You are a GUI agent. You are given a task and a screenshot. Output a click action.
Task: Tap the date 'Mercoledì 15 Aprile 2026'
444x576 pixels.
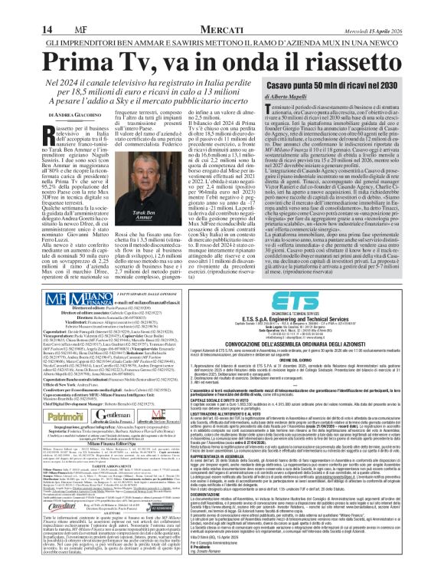tap(401, 8)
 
